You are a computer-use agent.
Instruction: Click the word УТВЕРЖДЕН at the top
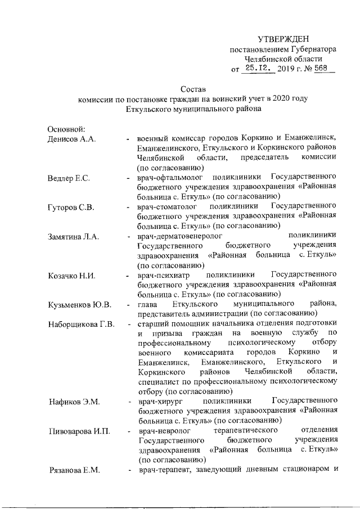(x=283, y=39)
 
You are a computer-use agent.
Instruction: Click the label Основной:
(x=66, y=130)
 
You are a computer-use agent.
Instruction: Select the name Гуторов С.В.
(x=70, y=208)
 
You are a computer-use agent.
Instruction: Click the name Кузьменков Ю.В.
(x=79, y=305)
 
